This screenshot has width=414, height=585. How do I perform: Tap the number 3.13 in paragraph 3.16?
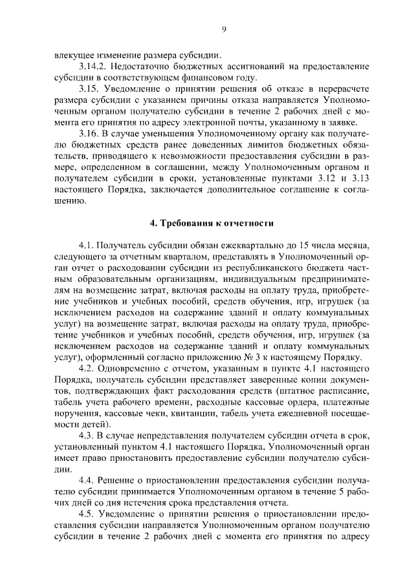pyautogui.click(x=363, y=178)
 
